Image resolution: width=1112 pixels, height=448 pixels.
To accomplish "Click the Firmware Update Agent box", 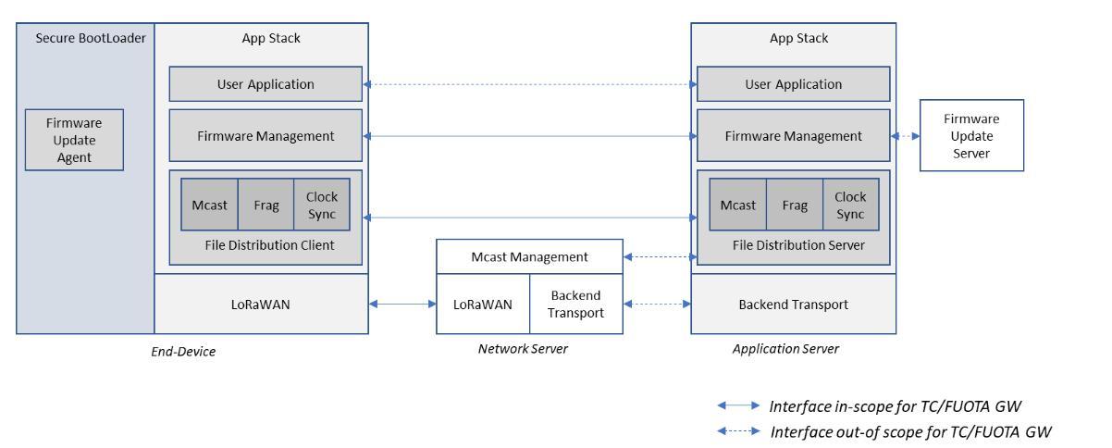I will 74,141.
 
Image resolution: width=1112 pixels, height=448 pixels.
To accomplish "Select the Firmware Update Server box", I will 971,135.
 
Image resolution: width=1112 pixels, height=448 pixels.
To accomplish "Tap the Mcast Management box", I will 529,256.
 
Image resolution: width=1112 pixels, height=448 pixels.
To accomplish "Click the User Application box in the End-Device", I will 266,84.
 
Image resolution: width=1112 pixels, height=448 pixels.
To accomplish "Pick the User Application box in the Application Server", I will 793,84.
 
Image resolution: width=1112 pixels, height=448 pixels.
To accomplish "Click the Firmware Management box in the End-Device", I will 266,136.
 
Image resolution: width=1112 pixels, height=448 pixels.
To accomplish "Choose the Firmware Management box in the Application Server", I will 793,136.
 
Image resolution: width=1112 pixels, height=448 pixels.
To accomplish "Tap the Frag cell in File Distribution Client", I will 266,205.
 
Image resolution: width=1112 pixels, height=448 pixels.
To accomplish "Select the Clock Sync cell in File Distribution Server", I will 850,205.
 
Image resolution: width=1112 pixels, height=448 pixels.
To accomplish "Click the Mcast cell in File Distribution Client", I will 210,205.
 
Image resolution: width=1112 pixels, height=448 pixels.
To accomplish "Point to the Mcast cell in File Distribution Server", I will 737,205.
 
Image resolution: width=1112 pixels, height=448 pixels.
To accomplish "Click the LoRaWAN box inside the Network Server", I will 483,304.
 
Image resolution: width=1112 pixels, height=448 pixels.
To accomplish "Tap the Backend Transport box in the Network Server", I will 575,304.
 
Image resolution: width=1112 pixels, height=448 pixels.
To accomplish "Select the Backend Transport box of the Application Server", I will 793,304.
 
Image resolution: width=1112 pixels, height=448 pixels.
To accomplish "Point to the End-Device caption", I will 183,352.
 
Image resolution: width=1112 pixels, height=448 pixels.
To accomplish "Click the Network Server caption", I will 523,349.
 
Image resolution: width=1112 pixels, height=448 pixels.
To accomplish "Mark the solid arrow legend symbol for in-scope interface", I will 738,405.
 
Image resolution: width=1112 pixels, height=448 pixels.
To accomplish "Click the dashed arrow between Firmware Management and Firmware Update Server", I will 906,136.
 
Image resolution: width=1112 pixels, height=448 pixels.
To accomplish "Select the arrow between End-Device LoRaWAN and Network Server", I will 402,304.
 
